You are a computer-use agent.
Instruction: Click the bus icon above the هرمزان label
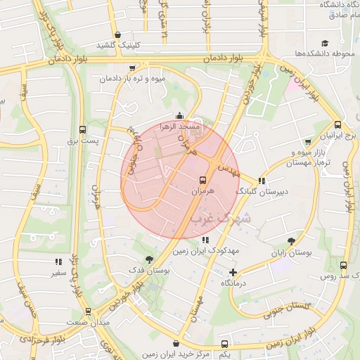point(202,179)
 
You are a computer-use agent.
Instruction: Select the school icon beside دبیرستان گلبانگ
point(262,180)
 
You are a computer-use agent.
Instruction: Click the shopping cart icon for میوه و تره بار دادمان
point(133,68)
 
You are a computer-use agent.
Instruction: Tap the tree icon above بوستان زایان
point(290,240)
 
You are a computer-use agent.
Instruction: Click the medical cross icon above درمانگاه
point(233,271)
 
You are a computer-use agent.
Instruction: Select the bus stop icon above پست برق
point(83,129)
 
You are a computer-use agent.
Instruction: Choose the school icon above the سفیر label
point(57,262)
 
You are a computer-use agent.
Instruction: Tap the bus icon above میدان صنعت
point(88,310)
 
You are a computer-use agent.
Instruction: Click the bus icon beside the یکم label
point(224,344)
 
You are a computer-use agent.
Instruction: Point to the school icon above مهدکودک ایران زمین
point(205,240)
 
